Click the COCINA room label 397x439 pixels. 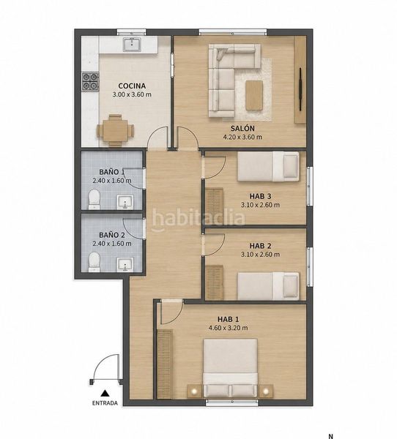pyautogui.click(x=132, y=86)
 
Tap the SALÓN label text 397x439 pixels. pyautogui.click(x=242, y=129)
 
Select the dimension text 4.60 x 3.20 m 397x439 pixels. pyautogui.click(x=229, y=328)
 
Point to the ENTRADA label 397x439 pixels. pyautogui.click(x=105, y=403)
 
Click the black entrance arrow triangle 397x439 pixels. pyautogui.click(x=105, y=393)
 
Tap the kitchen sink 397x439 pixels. pyautogui.click(x=132, y=44)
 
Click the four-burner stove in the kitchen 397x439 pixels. pyautogui.click(x=90, y=81)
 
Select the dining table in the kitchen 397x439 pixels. pyautogui.click(x=115, y=130)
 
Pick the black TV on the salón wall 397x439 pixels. pyautogui.click(x=300, y=89)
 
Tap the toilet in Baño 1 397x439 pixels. pyautogui.click(x=94, y=199)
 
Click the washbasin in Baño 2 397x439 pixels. pyautogui.click(x=125, y=265)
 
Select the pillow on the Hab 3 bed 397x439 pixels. pyautogui.click(x=290, y=167)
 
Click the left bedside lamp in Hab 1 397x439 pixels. pyautogui.click(x=194, y=391)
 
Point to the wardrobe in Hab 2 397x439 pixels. pyautogui.click(x=215, y=282)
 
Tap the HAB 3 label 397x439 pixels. pyautogui.click(x=260, y=196)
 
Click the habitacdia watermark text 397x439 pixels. pyautogui.click(x=198, y=218)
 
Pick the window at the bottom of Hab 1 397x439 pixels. pyautogui.click(x=232, y=402)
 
